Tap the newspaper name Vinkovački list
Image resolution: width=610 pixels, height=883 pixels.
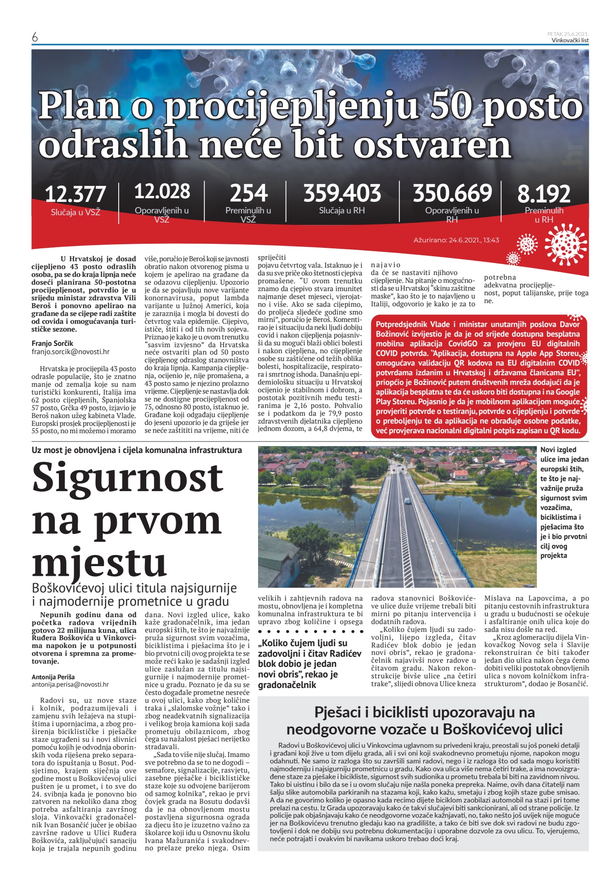[x=570, y=40]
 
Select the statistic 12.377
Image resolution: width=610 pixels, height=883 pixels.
[x=75, y=194]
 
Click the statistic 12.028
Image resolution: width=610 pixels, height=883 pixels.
[x=162, y=191]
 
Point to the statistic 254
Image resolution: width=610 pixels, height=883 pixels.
[x=248, y=193]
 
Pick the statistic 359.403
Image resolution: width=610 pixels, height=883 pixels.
[x=342, y=193]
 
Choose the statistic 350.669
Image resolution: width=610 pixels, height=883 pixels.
[x=452, y=193]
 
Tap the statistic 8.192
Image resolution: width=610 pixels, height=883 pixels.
[x=544, y=194]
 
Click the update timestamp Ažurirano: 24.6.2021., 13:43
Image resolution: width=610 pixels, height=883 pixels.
[x=456, y=240]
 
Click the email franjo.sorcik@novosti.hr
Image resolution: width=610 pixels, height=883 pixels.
[x=70, y=352]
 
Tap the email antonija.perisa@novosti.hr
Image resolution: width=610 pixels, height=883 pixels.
[x=70, y=684]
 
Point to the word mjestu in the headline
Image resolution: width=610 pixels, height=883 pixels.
[x=99, y=562]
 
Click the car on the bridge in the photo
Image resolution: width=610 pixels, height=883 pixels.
[x=408, y=501]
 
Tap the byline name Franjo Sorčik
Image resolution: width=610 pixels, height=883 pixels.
[x=52, y=344]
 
